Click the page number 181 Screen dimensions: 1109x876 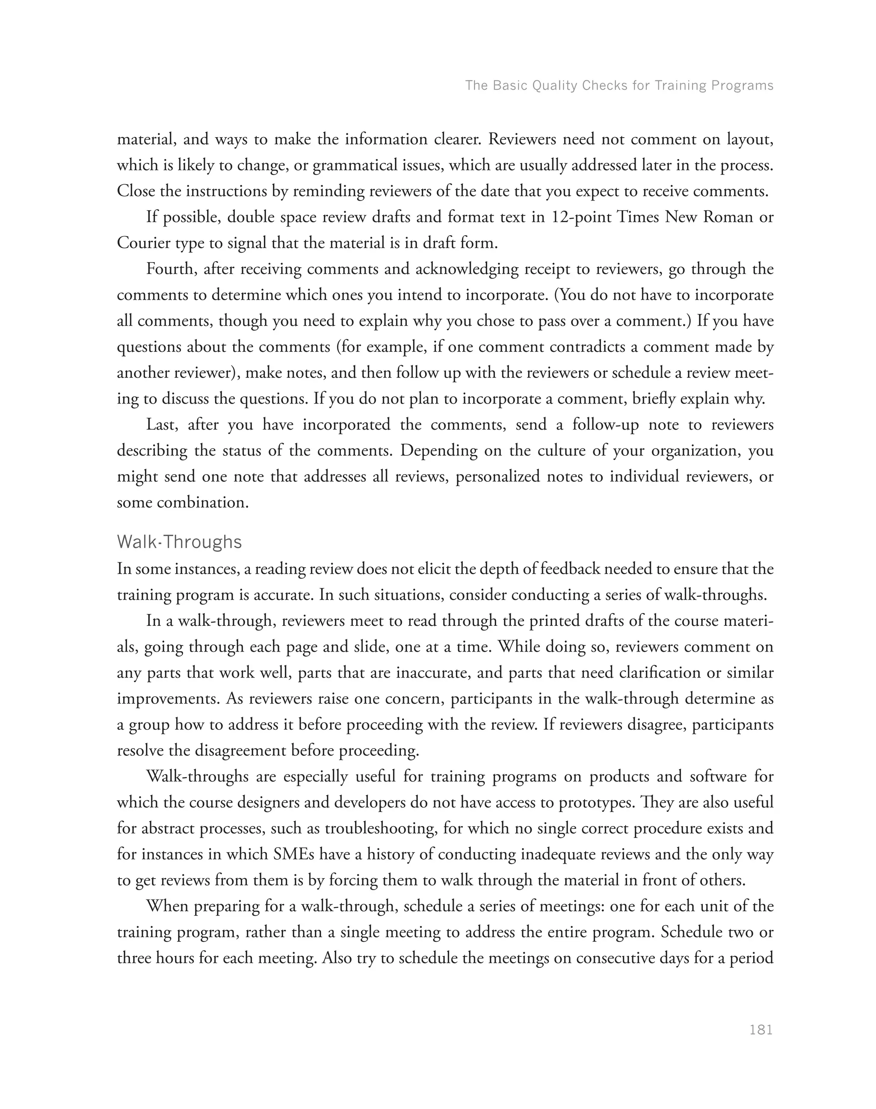click(x=761, y=1029)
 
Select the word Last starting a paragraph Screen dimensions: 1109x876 click(x=161, y=425)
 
